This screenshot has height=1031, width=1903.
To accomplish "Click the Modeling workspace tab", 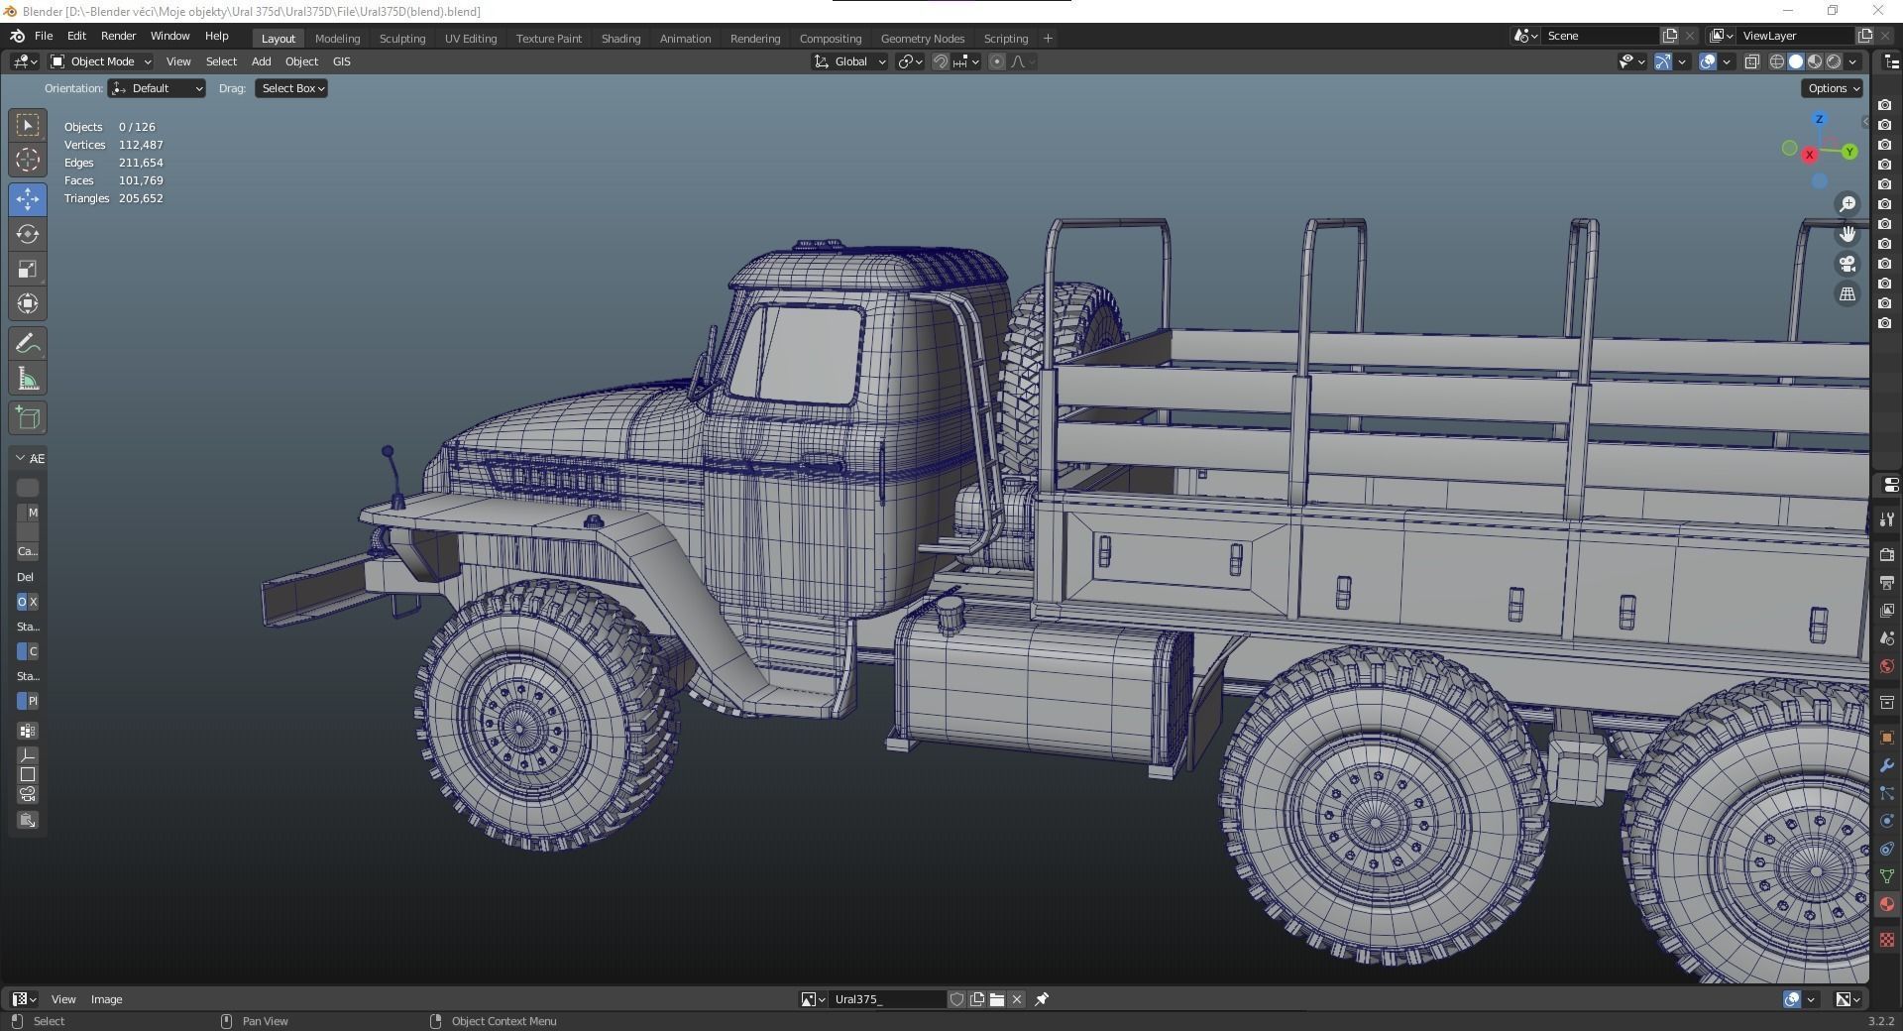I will (337, 39).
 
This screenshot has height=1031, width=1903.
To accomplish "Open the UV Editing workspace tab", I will (470, 39).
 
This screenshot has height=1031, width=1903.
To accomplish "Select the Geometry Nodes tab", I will (922, 39).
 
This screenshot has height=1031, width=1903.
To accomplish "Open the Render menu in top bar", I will (118, 36).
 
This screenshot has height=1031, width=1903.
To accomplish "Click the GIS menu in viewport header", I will (341, 61).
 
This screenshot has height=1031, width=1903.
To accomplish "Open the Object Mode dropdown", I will (101, 61).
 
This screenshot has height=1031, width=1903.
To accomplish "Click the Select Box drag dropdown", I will (291, 88).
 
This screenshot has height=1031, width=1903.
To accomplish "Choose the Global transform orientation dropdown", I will (850, 61).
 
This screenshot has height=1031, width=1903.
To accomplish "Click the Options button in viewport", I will (1832, 88).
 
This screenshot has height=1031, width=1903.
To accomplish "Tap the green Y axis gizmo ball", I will (1849, 152).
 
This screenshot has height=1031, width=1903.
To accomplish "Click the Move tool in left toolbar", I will (28, 199).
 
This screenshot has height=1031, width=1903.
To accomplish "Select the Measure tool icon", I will (28, 379).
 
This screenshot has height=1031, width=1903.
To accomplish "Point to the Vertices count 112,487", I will (141, 145).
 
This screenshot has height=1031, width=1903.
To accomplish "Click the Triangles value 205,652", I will (141, 198).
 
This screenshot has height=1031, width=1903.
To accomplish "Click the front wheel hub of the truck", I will (519, 727).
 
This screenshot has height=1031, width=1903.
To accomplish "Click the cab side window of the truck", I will (798, 354).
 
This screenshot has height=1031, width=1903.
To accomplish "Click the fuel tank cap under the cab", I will (950, 614).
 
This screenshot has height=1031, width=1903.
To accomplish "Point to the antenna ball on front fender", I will (388, 452).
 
